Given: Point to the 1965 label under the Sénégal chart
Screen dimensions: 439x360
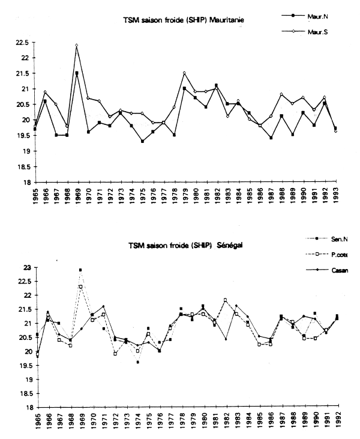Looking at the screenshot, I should click(37, 421).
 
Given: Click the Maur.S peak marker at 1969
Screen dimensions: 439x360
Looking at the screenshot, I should click(77, 45).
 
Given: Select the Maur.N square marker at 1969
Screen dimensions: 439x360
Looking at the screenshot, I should click(77, 73).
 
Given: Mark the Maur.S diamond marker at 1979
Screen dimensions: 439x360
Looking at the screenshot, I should click(184, 73).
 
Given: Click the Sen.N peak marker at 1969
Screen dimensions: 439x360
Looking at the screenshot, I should click(80, 270).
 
